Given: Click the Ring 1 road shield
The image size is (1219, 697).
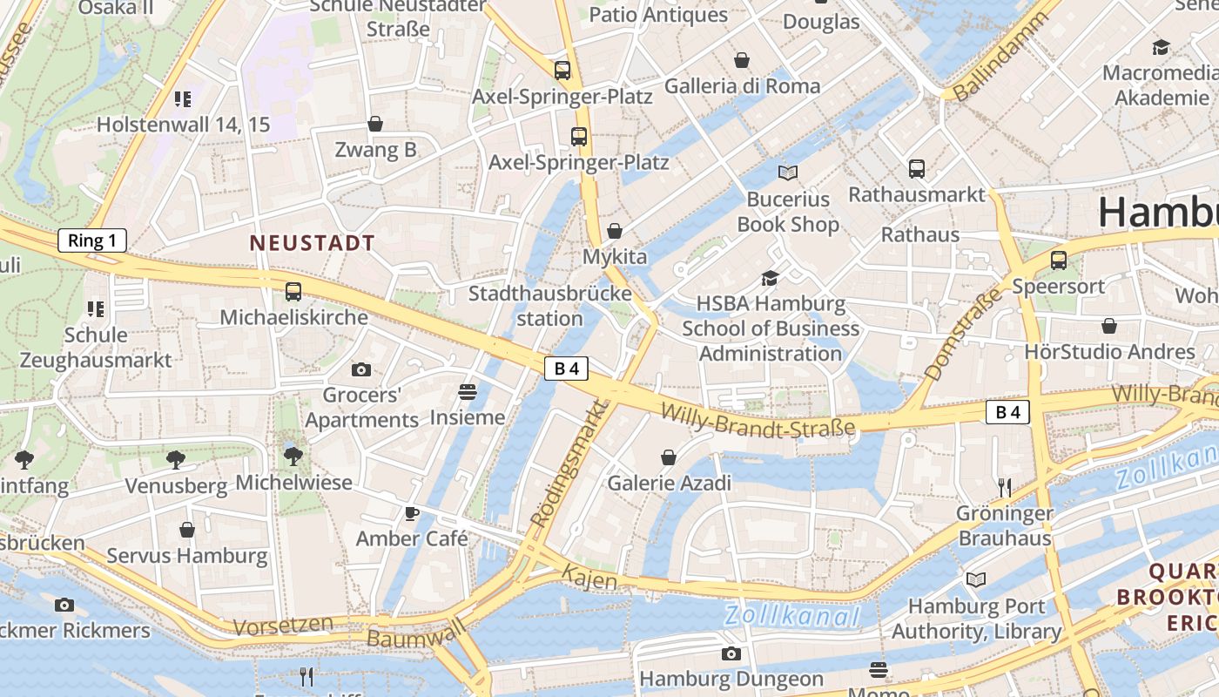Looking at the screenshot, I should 92,241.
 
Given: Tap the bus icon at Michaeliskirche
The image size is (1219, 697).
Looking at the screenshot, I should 293,292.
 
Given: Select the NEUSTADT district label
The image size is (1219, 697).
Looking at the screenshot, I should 313,243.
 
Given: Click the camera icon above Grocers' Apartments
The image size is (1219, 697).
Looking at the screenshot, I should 361,370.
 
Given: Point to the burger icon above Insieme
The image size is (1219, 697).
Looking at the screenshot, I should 468,392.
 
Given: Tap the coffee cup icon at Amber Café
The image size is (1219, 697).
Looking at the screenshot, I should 412,513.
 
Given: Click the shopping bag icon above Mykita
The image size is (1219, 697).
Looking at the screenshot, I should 615,231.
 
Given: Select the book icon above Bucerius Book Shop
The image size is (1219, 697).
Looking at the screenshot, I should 788,173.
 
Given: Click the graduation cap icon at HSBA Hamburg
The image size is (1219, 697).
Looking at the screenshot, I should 770,278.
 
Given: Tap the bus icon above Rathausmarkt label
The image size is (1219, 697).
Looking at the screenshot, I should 916,169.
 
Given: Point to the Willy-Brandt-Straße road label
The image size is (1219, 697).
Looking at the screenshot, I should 758,418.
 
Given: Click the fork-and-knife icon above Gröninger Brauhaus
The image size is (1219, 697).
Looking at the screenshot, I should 1005,487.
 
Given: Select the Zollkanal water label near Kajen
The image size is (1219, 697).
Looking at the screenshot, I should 792,617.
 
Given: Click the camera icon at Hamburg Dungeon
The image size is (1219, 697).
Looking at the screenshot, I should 731,653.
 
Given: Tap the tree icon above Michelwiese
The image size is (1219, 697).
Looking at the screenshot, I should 293,456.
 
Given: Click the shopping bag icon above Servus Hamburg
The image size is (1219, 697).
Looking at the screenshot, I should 187,530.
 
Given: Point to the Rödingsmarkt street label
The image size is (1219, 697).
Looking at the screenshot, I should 566,464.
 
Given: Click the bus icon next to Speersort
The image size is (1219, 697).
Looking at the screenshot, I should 1059,260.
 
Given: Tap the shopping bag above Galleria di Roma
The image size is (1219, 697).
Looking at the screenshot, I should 742,60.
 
